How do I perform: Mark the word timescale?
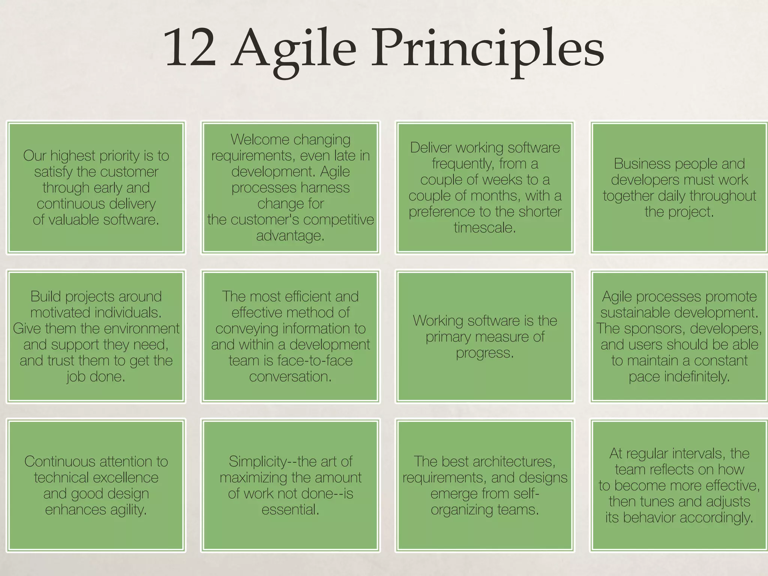point(484,228)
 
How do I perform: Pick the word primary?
point(448,337)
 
